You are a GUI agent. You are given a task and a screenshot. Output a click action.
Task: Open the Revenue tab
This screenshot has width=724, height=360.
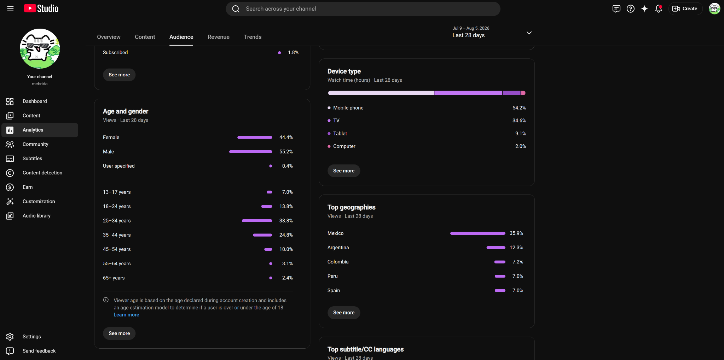tap(218, 37)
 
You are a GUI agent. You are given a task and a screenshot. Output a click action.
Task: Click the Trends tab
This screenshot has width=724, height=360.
tap(253, 37)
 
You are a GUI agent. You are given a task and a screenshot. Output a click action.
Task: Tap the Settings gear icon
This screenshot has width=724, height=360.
tap(10, 337)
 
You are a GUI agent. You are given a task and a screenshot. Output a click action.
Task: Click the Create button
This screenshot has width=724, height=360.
tap(685, 9)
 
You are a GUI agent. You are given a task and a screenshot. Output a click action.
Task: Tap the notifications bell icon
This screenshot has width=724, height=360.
tap(658, 9)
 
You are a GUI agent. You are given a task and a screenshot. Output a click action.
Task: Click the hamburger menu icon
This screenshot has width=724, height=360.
tap(10, 9)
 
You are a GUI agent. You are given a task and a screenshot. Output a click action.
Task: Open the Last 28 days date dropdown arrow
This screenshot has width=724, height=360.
tap(529, 33)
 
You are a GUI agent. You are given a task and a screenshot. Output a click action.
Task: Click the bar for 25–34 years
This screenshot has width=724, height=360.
tap(257, 221)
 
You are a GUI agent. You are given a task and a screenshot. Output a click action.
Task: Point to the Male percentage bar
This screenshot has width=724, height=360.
tap(251, 152)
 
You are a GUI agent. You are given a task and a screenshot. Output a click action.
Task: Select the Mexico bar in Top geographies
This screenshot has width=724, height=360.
tap(478, 233)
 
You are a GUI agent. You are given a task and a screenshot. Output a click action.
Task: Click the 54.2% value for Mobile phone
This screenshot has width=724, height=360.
tap(519, 108)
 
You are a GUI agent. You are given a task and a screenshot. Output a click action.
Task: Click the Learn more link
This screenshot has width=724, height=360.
tap(126, 315)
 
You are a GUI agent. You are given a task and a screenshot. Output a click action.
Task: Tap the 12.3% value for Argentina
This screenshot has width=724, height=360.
tap(516, 248)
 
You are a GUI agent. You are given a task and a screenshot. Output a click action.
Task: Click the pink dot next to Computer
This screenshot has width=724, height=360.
tap(329, 146)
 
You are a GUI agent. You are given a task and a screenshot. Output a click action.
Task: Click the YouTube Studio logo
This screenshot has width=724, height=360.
tap(41, 8)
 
